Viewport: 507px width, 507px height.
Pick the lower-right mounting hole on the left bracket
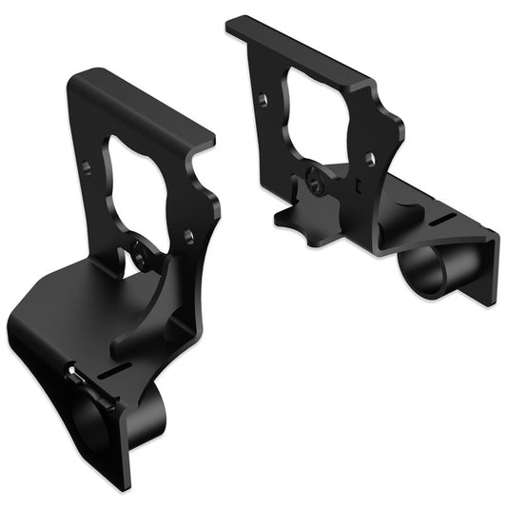pyautogui.click(x=188, y=234)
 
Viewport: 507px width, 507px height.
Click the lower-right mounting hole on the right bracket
pyautogui.click(x=370, y=159)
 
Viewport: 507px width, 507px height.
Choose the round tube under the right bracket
pyautogui.click(x=426, y=270)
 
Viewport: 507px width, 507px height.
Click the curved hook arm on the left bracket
pyautogui.click(x=143, y=323)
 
